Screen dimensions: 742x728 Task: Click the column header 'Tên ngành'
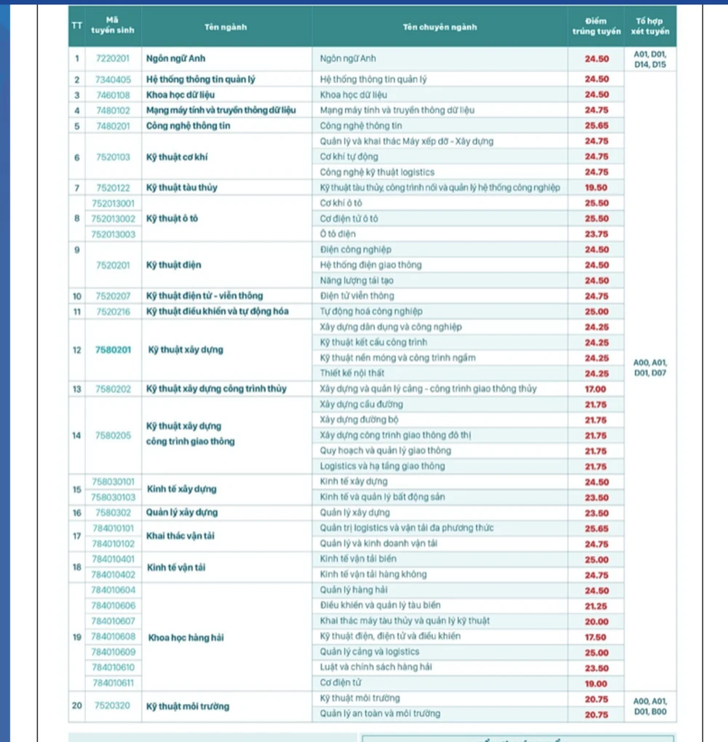[x=226, y=28]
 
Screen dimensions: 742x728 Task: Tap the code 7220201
[x=113, y=58]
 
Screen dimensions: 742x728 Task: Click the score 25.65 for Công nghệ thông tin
[x=596, y=126]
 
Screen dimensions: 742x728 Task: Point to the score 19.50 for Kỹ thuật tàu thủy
[x=596, y=188]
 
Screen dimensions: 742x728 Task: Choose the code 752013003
[x=113, y=234]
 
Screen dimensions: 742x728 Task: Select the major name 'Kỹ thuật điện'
[x=174, y=265]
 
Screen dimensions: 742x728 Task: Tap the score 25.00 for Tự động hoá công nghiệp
[x=596, y=312]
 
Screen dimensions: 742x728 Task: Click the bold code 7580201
[x=113, y=350]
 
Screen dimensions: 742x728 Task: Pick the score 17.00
[x=596, y=389]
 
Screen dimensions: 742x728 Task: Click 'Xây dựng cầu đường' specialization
[x=361, y=404]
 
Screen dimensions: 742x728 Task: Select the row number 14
[x=76, y=435]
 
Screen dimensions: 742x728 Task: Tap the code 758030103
[x=113, y=497]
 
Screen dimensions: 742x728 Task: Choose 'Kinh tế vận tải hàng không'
[x=373, y=575]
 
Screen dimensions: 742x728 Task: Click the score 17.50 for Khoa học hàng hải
[x=596, y=636]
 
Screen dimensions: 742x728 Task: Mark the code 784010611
[x=113, y=683]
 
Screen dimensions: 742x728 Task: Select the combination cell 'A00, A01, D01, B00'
[x=650, y=706]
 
